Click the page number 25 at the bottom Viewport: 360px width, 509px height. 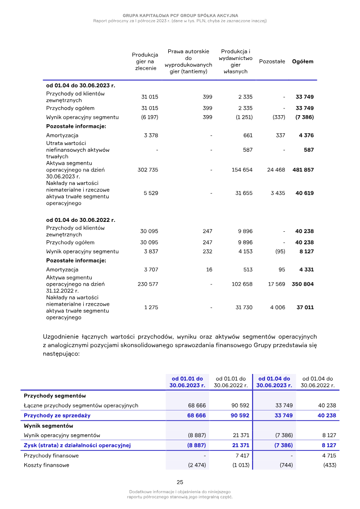[180, 482]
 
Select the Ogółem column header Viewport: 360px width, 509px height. [303, 62]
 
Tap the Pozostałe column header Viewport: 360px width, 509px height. [272, 62]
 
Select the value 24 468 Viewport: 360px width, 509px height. [276, 170]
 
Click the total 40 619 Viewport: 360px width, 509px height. [305, 193]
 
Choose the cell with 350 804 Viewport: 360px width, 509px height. [302, 284]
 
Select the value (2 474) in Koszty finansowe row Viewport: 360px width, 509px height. [197, 465]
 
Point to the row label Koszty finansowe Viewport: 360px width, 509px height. [46, 465]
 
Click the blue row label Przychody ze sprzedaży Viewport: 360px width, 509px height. [57, 416]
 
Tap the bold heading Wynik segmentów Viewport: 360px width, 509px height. [48, 426]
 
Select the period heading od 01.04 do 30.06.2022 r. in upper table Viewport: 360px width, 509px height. [81, 220]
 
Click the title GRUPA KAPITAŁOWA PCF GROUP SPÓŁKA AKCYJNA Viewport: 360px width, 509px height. [180, 16]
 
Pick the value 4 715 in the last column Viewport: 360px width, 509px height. [328, 456]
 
